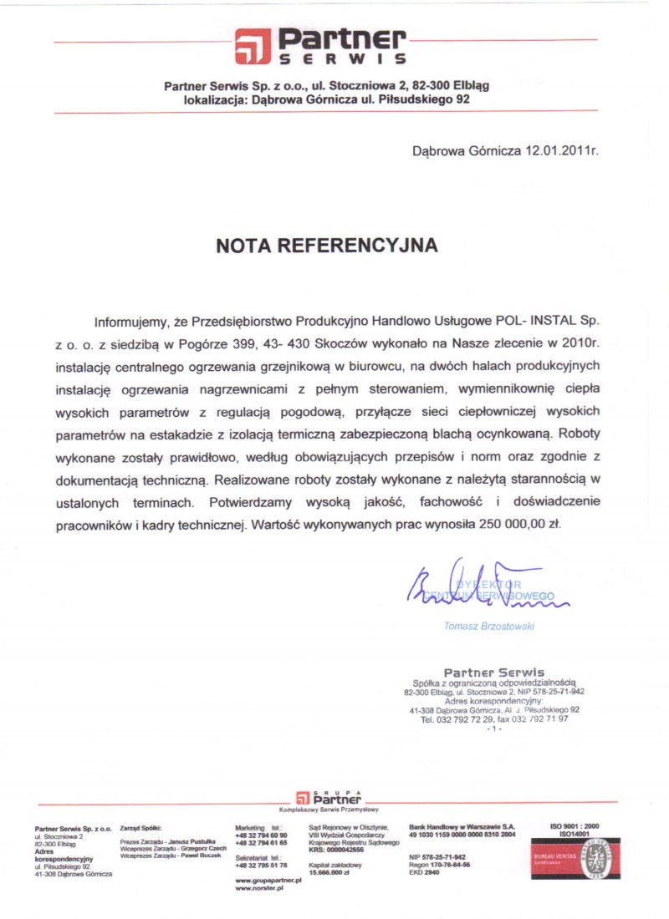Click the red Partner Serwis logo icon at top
[253, 46]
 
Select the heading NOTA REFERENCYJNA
[327, 246]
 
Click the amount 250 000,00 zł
[520, 526]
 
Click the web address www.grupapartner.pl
[268, 881]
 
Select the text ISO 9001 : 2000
[575, 825]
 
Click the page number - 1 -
[493, 729]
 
